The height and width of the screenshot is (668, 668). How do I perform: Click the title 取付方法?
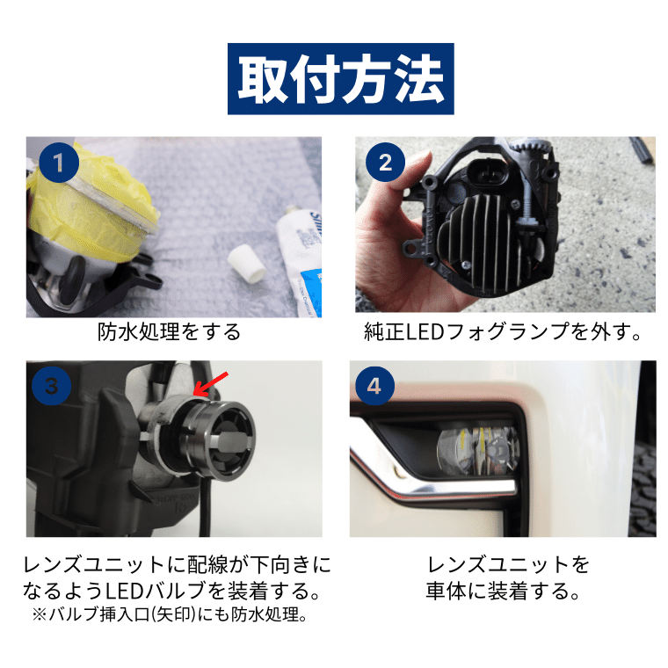(x=341, y=78)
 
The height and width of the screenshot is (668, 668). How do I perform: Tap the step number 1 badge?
(x=59, y=163)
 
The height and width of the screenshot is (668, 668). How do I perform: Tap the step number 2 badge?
(x=385, y=163)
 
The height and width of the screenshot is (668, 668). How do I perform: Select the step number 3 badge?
(x=52, y=386)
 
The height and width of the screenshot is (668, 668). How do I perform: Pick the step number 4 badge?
(x=375, y=386)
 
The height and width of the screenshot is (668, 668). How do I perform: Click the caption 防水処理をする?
(x=169, y=333)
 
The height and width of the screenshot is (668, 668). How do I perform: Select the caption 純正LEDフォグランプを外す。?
(x=502, y=333)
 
